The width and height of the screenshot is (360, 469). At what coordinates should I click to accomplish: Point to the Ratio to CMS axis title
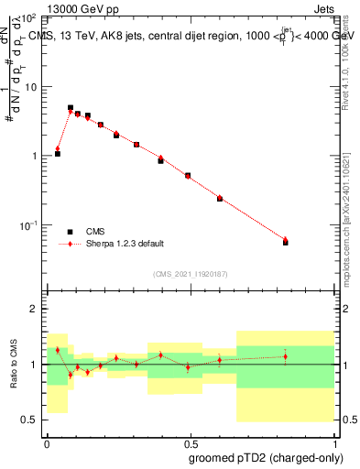(15, 364)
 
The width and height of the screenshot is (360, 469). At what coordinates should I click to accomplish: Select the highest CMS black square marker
(71, 107)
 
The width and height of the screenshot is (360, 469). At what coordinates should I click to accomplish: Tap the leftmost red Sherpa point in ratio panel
(58, 350)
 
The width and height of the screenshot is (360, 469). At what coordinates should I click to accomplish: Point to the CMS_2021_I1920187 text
(190, 274)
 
